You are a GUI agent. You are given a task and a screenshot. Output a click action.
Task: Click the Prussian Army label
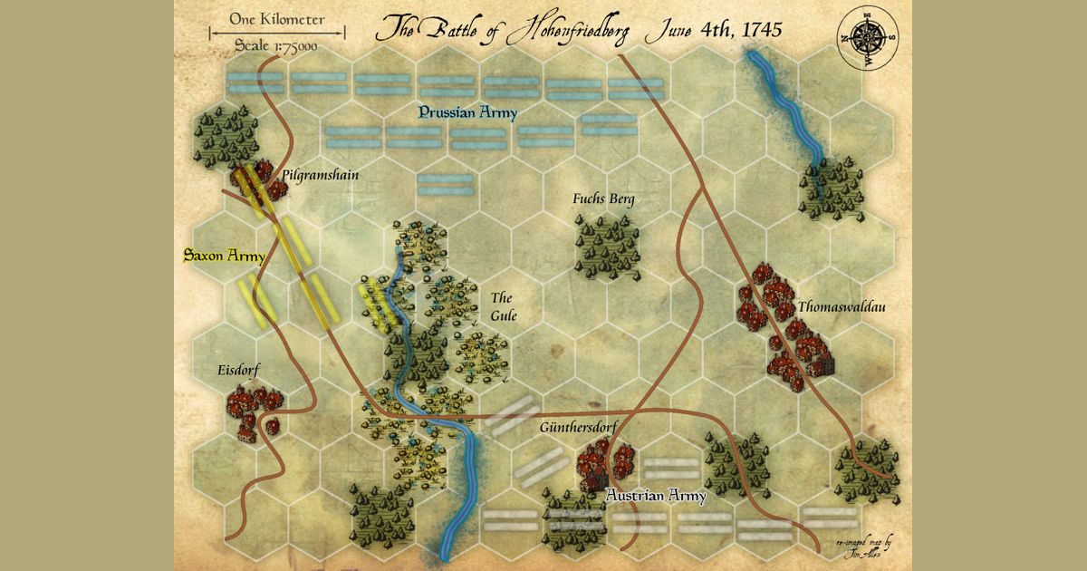pyautogui.click(x=467, y=113)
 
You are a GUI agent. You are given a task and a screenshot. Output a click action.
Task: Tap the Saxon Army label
pyautogui.click(x=224, y=256)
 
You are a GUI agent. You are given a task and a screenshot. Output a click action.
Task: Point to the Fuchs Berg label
pyautogui.click(x=603, y=198)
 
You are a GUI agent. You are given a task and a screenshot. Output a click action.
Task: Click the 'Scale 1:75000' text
pyautogui.click(x=276, y=46)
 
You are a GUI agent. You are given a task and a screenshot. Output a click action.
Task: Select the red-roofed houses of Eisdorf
pyautogui.click(x=253, y=408)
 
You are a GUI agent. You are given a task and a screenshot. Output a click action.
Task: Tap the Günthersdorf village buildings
pyautogui.click(x=607, y=462)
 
